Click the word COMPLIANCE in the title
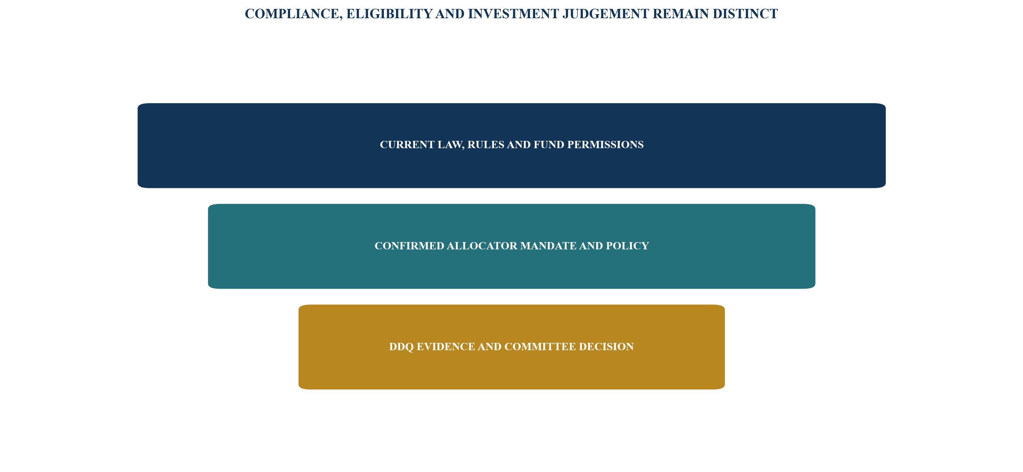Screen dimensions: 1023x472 click(292, 14)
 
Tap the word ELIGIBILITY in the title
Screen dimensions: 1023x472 click(389, 14)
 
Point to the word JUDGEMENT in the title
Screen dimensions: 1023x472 click(606, 14)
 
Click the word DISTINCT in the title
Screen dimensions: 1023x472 click(745, 14)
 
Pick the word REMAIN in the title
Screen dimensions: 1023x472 click(681, 14)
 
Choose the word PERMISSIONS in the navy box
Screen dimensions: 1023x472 click(606, 145)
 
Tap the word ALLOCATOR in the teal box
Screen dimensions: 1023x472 click(482, 246)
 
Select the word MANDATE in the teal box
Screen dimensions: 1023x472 click(549, 246)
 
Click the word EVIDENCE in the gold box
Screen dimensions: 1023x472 click(446, 347)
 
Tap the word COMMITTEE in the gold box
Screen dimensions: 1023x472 click(540, 347)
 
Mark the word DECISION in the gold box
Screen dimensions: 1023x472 click(606, 347)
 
